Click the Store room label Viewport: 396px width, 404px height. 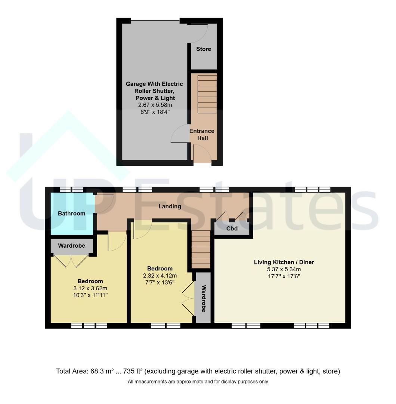pos(204,49)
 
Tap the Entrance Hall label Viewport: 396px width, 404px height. pos(202,135)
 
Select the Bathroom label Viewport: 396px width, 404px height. pos(71,213)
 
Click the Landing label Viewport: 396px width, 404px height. pos(170,206)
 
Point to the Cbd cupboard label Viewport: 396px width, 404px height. pos(232,229)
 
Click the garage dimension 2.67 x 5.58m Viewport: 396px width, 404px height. pos(155,105)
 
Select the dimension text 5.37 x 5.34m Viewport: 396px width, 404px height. pos(284,269)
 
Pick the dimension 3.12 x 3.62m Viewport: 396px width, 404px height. pos(90,288)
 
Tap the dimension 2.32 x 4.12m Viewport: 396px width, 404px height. pos(160,276)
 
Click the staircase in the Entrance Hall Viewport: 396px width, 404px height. pos(207,94)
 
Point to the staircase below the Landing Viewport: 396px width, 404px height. pos(201,250)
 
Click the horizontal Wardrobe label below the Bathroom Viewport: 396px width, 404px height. pos(71,245)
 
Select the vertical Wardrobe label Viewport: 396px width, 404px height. pos(204,299)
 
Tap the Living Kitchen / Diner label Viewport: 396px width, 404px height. pos(284,262)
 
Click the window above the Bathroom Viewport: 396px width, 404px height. pos(71,190)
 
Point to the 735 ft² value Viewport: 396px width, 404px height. pos(133,371)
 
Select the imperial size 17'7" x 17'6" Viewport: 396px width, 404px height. pos(284,276)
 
